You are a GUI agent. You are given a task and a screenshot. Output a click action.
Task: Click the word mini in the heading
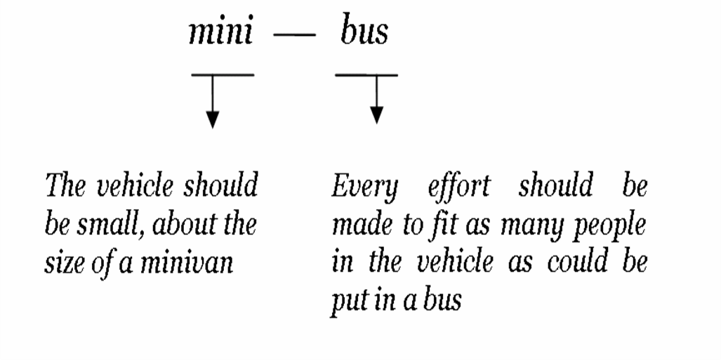click(220, 33)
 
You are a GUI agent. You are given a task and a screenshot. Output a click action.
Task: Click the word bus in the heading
click(364, 32)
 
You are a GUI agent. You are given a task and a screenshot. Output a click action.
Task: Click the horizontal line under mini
click(222, 74)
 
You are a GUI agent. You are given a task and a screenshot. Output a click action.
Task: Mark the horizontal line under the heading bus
click(366, 74)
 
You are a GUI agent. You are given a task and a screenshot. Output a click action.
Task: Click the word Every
click(364, 187)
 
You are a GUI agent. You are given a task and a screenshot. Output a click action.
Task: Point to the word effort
click(458, 187)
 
